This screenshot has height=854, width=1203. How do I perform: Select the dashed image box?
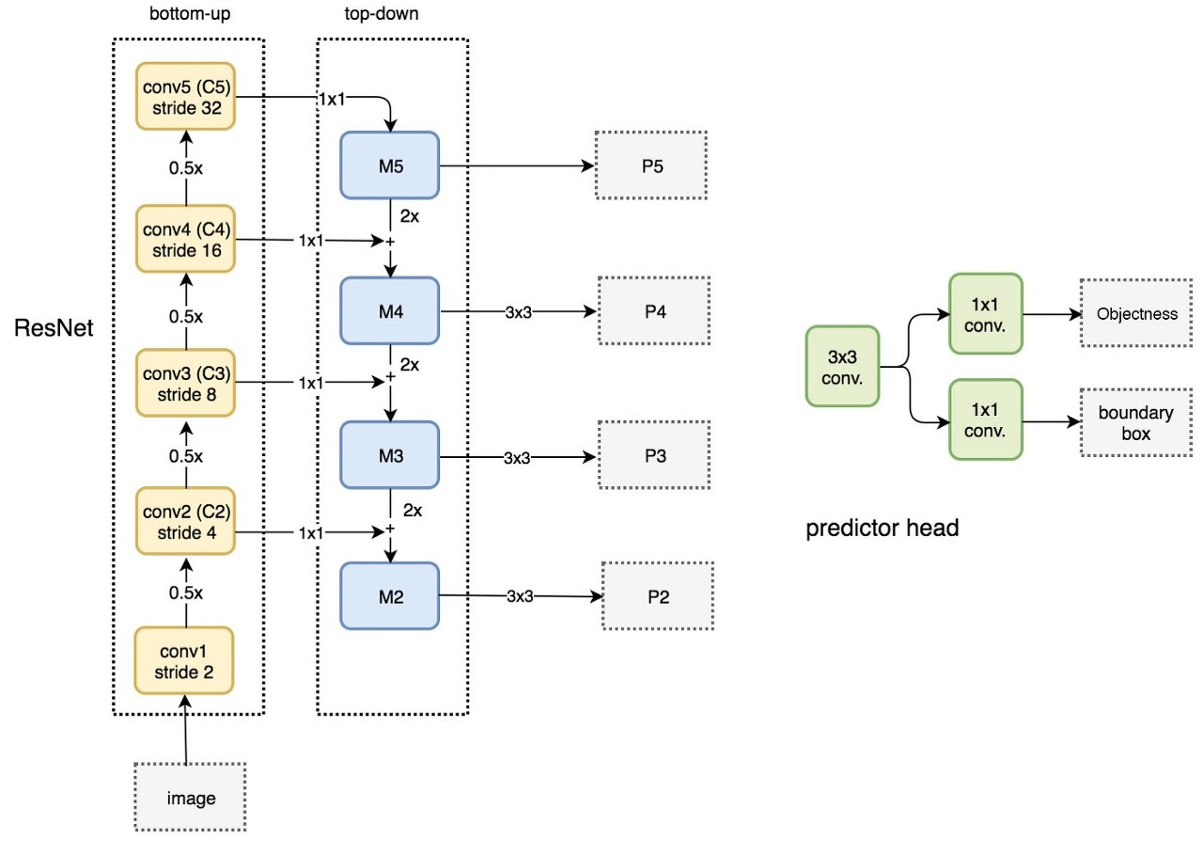click(191, 798)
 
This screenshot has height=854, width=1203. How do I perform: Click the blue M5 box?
click(390, 166)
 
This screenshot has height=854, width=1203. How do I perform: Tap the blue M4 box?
click(390, 310)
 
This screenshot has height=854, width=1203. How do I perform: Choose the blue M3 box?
click(390, 456)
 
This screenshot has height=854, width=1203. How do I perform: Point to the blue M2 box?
click(390, 595)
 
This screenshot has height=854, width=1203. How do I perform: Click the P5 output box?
click(650, 166)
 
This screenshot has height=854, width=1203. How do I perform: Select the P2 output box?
click(658, 596)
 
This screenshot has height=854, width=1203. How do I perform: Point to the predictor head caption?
click(882, 529)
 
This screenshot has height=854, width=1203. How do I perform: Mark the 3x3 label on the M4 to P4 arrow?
click(518, 312)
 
